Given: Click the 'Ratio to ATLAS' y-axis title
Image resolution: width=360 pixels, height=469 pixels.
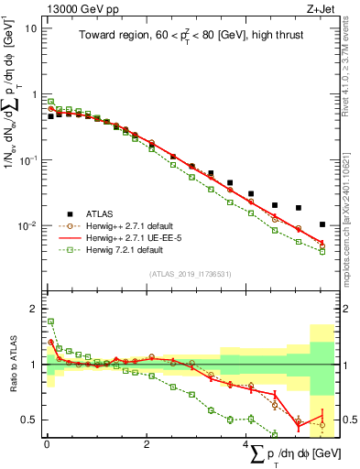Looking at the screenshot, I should point(12,364).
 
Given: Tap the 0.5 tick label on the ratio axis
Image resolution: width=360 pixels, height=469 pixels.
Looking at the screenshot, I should point(28,420).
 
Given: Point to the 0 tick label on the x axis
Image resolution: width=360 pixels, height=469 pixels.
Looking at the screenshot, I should point(47,446).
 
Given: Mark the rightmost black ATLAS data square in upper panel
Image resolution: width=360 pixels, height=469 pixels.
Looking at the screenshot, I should point(322,224).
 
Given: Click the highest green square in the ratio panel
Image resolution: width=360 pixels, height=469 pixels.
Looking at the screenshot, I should point(50,322).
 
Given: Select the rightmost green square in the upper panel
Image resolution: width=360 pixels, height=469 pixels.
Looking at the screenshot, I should point(322,251).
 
